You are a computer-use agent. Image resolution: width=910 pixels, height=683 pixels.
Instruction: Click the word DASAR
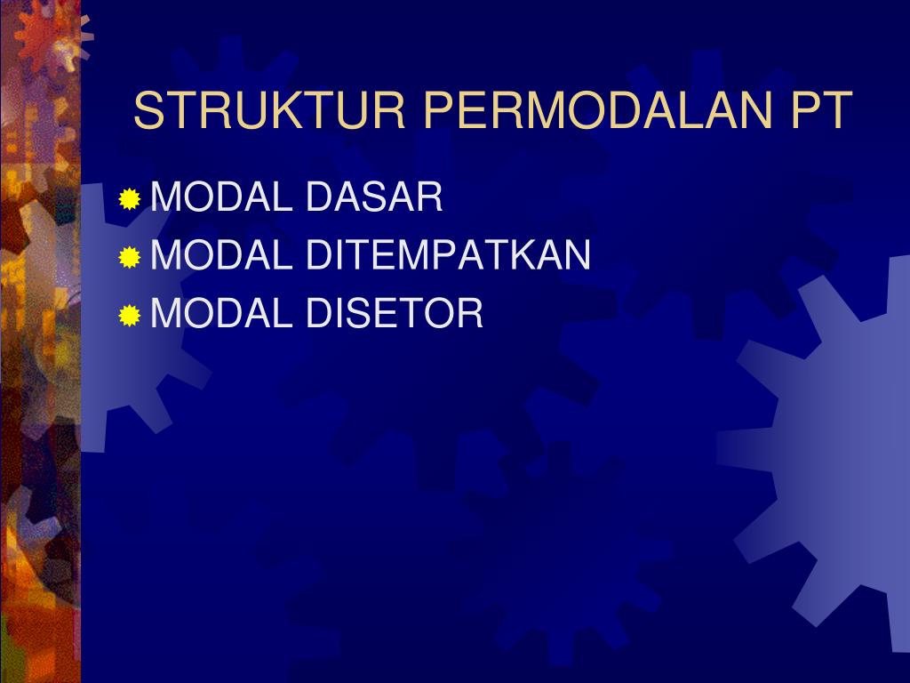374,197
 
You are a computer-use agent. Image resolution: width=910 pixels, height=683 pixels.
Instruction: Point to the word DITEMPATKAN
449,256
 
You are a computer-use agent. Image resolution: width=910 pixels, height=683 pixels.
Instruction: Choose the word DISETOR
395,314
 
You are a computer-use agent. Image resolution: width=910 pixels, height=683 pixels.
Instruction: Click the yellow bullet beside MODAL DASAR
130,199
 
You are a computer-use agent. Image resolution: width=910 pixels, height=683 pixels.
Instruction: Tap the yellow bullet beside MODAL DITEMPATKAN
130,258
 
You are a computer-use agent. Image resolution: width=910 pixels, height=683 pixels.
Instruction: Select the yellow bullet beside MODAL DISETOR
130,316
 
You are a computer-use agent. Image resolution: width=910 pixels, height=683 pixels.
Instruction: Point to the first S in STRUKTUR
148,111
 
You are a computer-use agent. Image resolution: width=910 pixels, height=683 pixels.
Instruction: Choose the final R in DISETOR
470,314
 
